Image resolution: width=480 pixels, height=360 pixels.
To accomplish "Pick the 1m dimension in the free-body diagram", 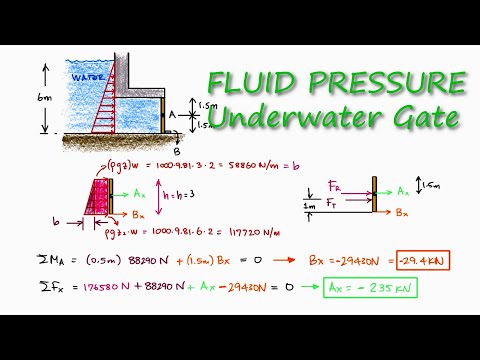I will [x=310, y=206].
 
